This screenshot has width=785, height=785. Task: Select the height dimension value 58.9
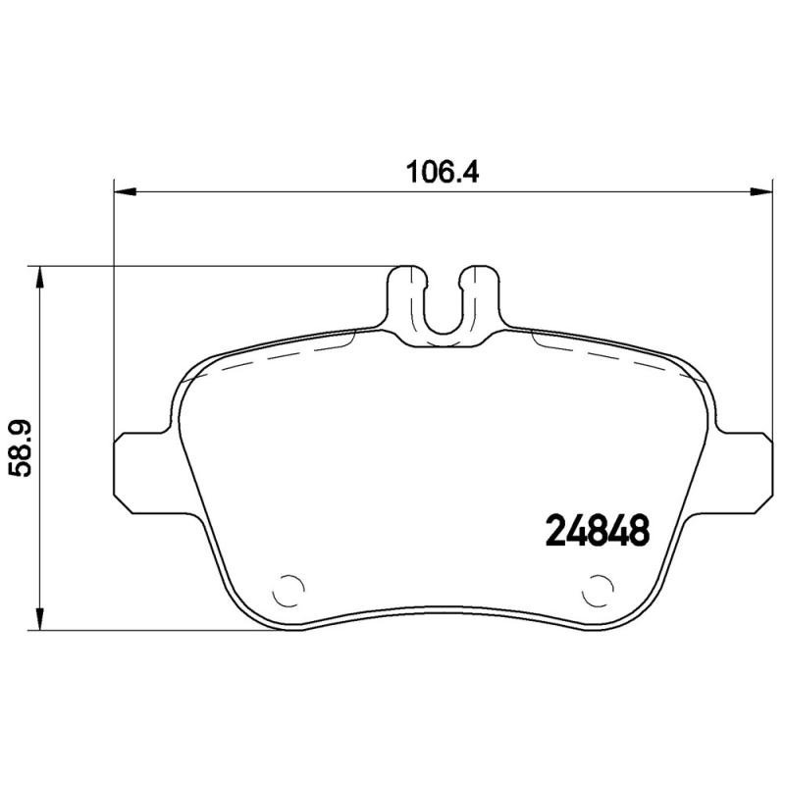pyautogui.click(x=22, y=446)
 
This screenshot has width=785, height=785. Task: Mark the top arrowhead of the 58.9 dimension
pyautogui.click(x=39, y=276)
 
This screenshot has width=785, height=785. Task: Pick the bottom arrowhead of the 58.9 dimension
pyautogui.click(x=39, y=621)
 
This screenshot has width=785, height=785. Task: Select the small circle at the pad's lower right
pyautogui.click(x=596, y=590)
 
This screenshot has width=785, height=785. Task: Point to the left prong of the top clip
pyautogui.click(x=404, y=294)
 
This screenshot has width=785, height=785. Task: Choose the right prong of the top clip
pyautogui.click(x=481, y=294)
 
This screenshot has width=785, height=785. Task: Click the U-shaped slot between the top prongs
pyautogui.click(x=443, y=309)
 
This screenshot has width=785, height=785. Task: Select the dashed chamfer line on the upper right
pyautogui.click(x=618, y=355)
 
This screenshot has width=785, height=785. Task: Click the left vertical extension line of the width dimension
pyautogui.click(x=115, y=314)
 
